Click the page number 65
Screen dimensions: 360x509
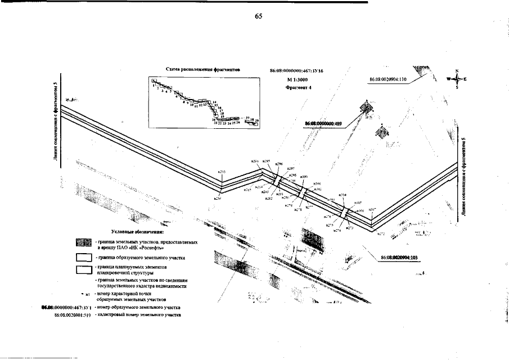[259, 16]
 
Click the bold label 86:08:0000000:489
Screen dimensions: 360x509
[323, 122]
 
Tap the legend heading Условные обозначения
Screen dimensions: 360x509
[137, 231]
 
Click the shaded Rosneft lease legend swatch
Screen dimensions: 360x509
[83, 244]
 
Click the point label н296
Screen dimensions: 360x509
[279, 164]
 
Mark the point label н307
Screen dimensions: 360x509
[372, 209]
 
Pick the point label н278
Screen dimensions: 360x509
[299, 209]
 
